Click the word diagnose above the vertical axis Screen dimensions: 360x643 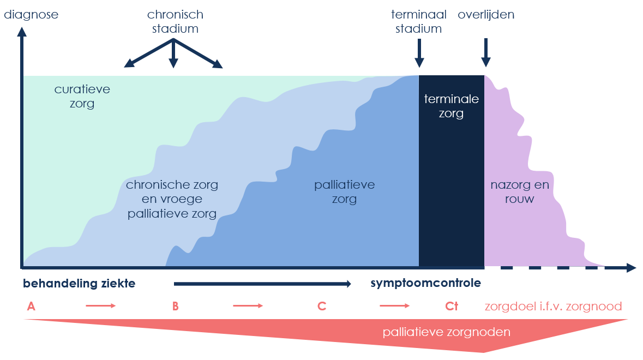pyautogui.click(x=31, y=15)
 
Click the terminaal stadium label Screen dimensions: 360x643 pyautogui.click(x=418, y=21)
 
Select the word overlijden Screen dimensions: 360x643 pyautogui.click(x=486, y=15)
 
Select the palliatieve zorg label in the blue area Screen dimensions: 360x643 pyautogui.click(x=344, y=192)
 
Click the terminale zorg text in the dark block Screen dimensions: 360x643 pyautogui.click(x=452, y=106)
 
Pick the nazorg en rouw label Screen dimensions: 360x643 pyautogui.click(x=512, y=192)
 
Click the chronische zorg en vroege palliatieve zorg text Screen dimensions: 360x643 pyautogui.click(x=172, y=199)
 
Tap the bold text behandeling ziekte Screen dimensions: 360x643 pyautogui.click(x=79, y=284)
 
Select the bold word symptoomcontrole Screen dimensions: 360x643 pyautogui.click(x=425, y=284)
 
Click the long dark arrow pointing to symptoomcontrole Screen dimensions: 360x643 pyautogui.click(x=262, y=284)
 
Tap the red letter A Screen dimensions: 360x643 pyautogui.click(x=31, y=306)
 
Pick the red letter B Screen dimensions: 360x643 pyautogui.click(x=175, y=306)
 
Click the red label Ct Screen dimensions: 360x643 pyautogui.click(x=451, y=306)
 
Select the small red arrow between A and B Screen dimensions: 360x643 pyautogui.click(x=101, y=306)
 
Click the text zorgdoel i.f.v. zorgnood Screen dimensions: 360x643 pyautogui.click(x=553, y=306)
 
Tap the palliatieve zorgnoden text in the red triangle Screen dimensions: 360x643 pyautogui.click(x=447, y=332)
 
